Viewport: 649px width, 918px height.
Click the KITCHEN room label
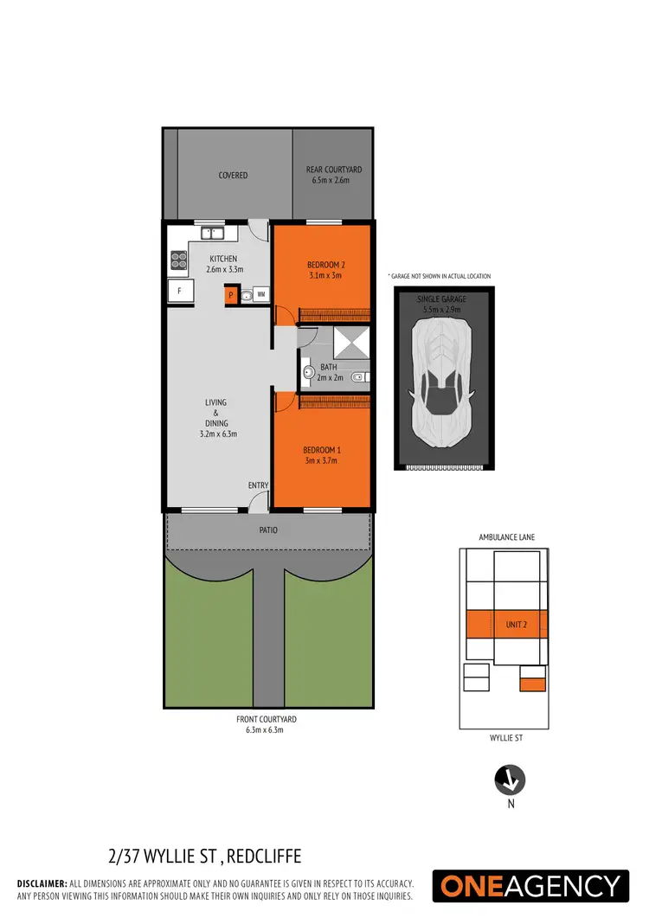222,259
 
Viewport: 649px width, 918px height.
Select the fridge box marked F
179,292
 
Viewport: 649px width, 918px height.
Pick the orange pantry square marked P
231,296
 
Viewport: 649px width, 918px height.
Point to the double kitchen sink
211,232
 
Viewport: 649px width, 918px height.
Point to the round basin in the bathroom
307,373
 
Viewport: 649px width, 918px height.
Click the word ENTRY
258,485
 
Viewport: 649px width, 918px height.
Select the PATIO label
267,530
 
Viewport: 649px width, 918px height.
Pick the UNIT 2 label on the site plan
514,624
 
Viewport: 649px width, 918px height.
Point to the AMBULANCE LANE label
506,537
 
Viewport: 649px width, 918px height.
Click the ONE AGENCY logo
531,885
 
